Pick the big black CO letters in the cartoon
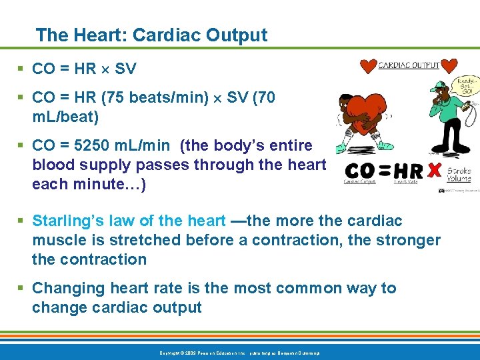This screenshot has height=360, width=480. (365, 171)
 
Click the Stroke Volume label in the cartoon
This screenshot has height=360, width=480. (458, 175)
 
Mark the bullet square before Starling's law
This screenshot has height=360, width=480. (22, 221)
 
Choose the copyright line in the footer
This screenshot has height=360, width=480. (239, 352)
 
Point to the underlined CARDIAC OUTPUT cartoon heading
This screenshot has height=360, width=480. (409, 65)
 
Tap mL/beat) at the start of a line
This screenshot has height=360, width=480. (65, 117)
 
